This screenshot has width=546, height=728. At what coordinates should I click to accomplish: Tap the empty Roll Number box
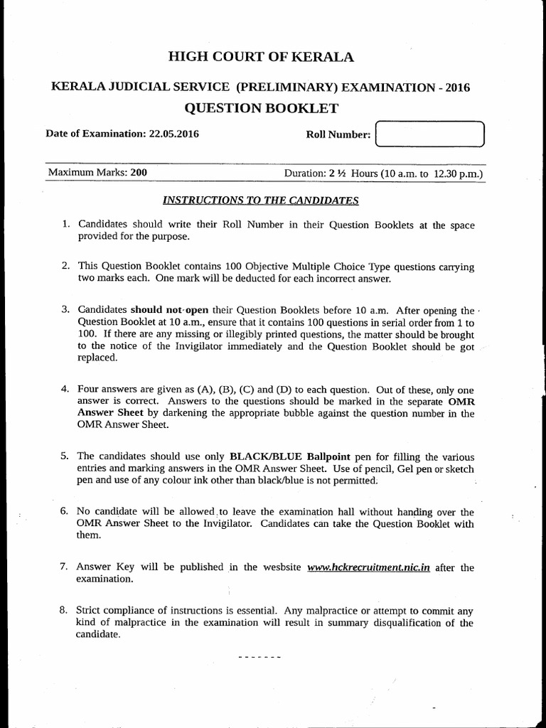[429, 134]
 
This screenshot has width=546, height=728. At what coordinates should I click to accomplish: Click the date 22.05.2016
[168, 134]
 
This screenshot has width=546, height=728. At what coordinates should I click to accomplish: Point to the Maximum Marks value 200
[139, 173]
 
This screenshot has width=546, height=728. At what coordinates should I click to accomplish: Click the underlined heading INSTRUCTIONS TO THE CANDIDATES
[261, 200]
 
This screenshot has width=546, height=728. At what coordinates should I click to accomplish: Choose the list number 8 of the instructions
[65, 610]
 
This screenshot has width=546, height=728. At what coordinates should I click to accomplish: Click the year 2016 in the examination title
[455, 87]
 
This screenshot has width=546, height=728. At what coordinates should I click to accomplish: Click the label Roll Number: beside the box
[338, 134]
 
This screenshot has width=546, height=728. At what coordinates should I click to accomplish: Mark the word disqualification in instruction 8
[397, 623]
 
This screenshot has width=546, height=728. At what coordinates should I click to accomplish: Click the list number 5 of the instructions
[65, 456]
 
